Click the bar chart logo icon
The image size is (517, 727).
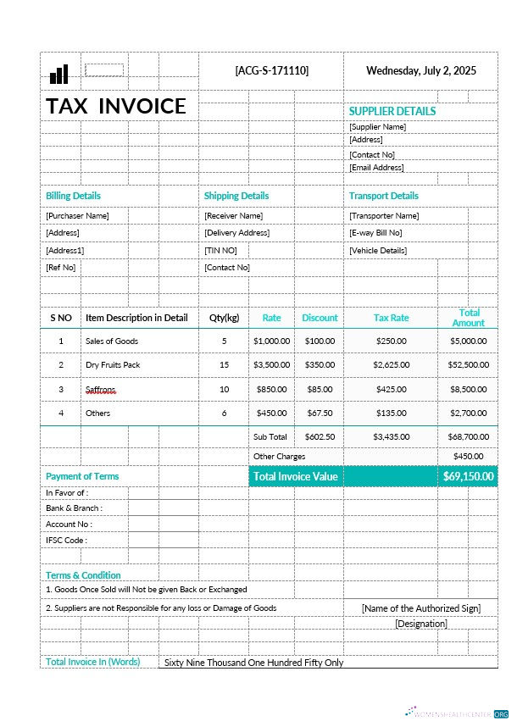coord(58,75)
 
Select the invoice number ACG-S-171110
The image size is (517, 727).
coord(271,70)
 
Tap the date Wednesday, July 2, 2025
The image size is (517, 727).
coord(420,70)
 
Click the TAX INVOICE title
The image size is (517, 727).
coord(116,106)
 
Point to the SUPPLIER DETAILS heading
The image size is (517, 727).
coord(392,111)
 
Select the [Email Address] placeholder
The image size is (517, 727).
coord(376,168)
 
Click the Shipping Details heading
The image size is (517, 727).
coord(236,196)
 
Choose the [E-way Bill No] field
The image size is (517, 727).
coord(375,233)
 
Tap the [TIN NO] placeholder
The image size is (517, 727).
coord(220,251)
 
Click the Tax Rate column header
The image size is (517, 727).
coord(391,318)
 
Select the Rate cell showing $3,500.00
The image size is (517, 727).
coord(271,364)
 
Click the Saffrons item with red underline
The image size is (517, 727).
coord(100,389)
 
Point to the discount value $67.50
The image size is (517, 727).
coord(320,413)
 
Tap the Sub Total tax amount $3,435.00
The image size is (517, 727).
coord(391,437)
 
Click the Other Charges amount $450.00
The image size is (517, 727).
coord(469,456)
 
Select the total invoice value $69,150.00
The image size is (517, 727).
coord(468,476)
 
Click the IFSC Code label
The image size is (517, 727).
coord(66,541)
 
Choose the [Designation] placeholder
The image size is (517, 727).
coord(420,624)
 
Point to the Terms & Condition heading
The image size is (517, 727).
coord(83,575)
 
